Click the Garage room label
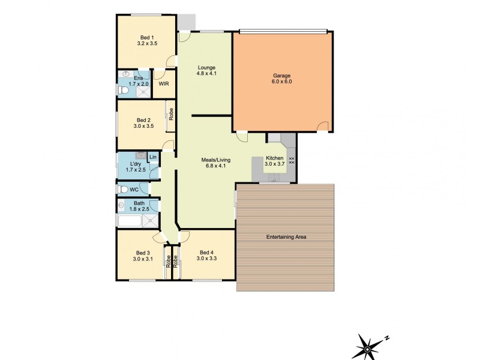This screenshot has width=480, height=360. [x=281, y=76]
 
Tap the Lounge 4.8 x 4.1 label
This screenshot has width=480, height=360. [x=206, y=70]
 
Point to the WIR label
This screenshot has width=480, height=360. [x=164, y=84]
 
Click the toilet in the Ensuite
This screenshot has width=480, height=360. [x=123, y=91]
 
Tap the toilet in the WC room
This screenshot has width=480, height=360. [x=123, y=190]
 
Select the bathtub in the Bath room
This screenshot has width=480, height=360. [x=130, y=221]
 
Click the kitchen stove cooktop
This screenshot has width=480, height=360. [x=292, y=161]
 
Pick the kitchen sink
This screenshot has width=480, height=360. [x=274, y=178]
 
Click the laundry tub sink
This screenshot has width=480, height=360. [x=141, y=156]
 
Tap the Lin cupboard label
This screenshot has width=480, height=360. [x=153, y=157]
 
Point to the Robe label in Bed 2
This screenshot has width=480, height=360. [x=171, y=114]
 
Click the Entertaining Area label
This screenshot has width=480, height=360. [x=286, y=237]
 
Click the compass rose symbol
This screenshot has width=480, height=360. [x=367, y=348]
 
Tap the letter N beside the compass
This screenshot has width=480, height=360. [x=387, y=338]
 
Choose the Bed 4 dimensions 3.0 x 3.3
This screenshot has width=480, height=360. [x=206, y=259]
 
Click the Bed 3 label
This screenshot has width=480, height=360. [x=143, y=253]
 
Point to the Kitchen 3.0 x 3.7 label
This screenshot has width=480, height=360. [x=275, y=161]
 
